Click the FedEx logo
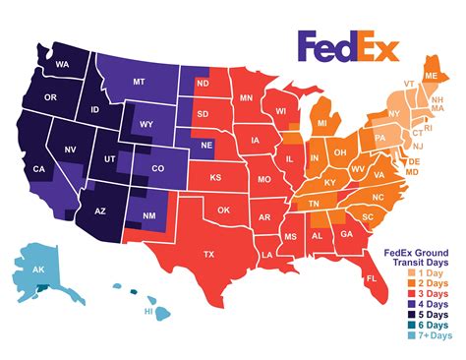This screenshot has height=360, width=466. (348, 47)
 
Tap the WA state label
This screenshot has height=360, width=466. (61, 65)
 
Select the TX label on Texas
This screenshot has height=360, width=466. (207, 254)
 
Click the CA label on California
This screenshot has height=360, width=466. (40, 169)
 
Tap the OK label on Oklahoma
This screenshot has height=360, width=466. (223, 210)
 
